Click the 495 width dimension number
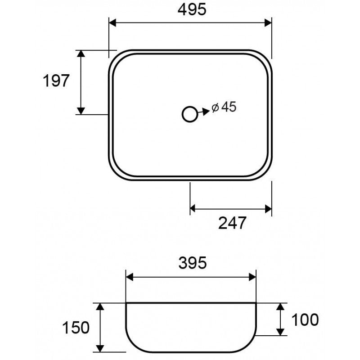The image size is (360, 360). (191, 10)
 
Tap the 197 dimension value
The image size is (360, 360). (56, 81)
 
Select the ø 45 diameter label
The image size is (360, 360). (224, 107)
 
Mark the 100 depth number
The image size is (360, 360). (305, 319)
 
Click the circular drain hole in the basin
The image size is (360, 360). (190, 114)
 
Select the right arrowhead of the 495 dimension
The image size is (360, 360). (268, 22)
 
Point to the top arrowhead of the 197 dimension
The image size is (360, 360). (81, 54)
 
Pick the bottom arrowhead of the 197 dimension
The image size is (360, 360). (81, 110)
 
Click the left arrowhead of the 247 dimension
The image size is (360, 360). (194, 208)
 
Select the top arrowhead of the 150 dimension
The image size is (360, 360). (100, 306)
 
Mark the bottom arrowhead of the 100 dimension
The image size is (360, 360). (280, 332)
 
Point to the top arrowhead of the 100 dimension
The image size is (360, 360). (280, 306)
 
